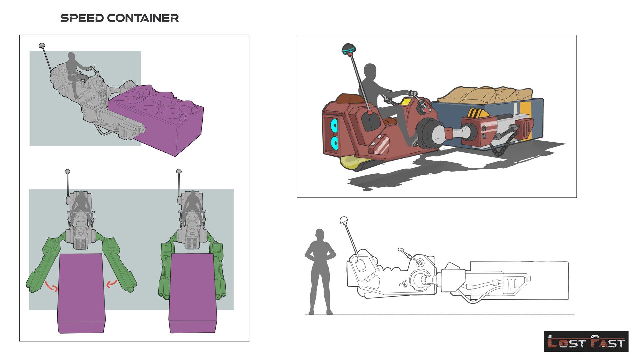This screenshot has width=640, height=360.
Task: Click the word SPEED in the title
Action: [82, 18]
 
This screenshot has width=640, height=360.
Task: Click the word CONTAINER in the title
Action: [143, 18]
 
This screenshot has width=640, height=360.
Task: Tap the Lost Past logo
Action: [586, 341]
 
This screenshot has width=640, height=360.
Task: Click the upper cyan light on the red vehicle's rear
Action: [334, 126]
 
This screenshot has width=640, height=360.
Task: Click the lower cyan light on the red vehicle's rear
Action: [334, 143]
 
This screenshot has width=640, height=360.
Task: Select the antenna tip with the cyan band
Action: [349, 49]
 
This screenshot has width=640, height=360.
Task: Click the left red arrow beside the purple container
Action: [51, 286]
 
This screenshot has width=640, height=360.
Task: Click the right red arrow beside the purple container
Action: [112, 283]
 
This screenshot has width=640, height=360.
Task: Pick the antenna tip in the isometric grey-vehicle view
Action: [42, 45]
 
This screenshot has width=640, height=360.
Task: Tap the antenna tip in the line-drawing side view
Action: [344, 220]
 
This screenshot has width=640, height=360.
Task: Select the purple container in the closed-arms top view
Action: [193, 293]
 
